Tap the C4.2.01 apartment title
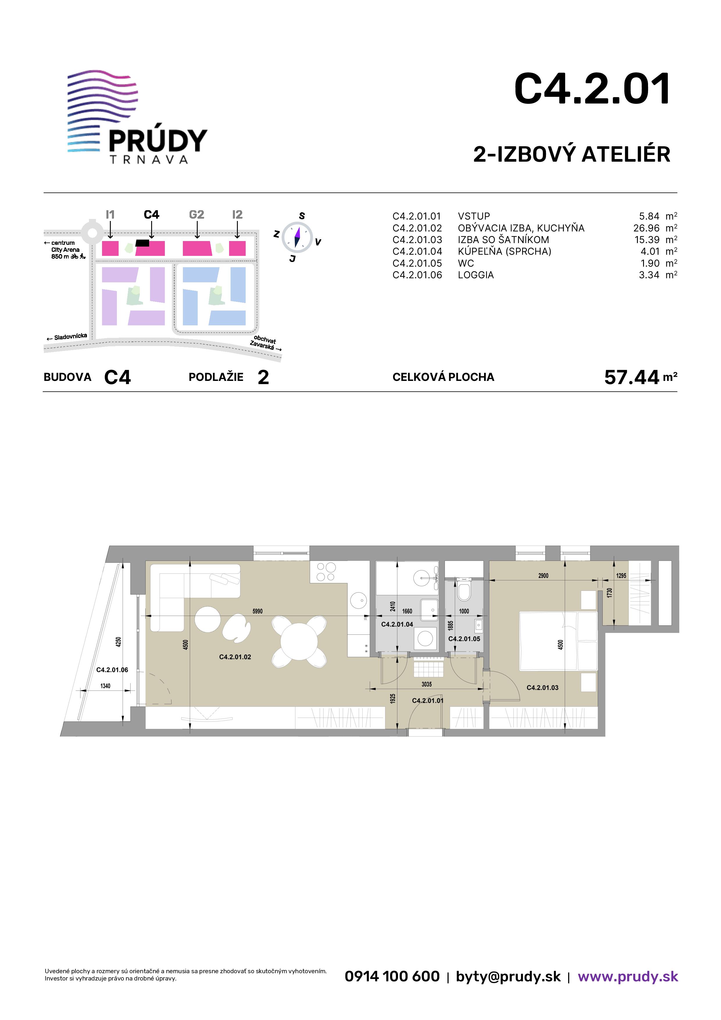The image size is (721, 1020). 592,89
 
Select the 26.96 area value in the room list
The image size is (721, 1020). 646,228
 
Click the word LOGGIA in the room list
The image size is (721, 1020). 476,275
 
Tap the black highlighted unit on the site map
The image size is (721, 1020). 142,243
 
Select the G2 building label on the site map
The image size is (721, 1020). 196,215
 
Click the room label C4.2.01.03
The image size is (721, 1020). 542,688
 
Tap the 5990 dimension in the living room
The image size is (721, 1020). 258,611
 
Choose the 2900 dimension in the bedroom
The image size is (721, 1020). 543,576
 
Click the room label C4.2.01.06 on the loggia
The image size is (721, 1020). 112,670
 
